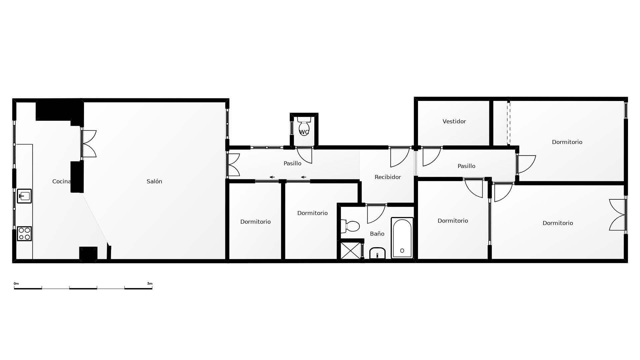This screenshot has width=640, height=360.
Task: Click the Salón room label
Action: coord(154,181)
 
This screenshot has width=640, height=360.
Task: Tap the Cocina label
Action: coord(61,181)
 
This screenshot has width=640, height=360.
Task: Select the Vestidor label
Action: coord(454,121)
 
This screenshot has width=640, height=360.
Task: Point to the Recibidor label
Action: coord(388,177)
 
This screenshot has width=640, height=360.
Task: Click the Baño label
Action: coord(377,234)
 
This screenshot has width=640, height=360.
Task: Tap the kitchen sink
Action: coord(24,196)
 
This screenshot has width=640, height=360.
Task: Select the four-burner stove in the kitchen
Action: coord(24,233)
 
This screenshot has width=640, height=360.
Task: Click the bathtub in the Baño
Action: coord(402,238)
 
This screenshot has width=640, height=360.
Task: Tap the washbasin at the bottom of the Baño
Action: coord(377,253)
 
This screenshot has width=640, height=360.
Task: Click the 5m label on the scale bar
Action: coord(150,284)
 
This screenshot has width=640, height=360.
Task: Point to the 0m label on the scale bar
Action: coord(16,284)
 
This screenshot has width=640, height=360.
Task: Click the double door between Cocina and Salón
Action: coord(89,144)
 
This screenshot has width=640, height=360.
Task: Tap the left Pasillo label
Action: coord(292,163)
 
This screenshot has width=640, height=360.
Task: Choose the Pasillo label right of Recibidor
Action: coord(466,166)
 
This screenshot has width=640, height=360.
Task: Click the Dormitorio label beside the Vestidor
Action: coord(567,142)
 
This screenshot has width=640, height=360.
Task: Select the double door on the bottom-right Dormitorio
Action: coord(617,215)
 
